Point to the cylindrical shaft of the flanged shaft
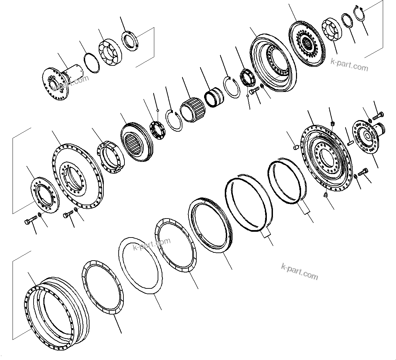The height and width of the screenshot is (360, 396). coord(72,73)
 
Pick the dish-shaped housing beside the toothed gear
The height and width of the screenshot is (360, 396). coord(271,59)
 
